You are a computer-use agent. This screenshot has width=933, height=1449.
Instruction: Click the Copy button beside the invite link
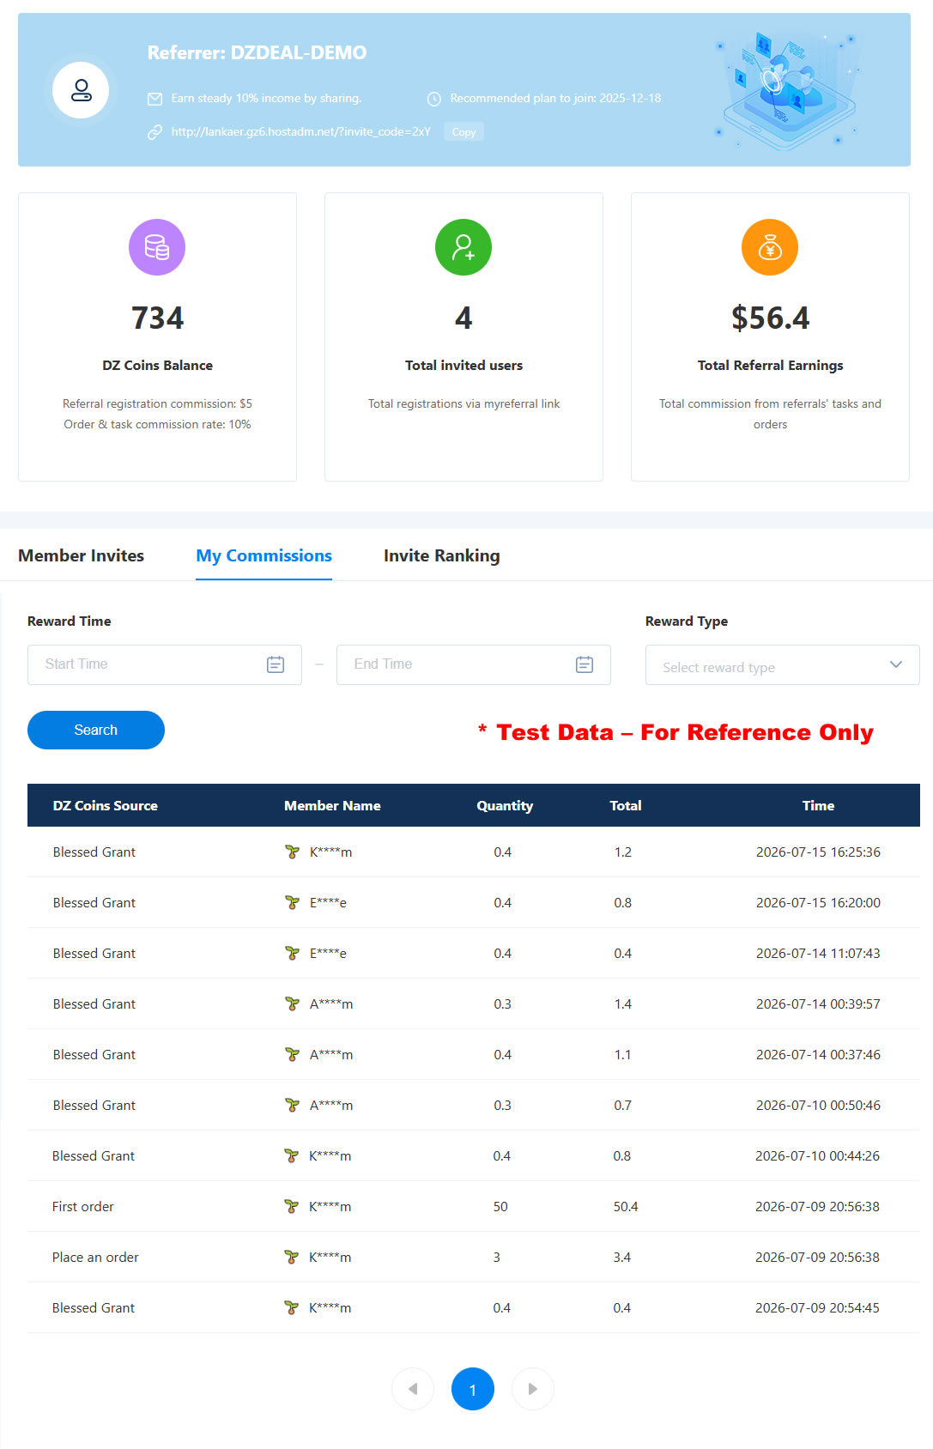463,132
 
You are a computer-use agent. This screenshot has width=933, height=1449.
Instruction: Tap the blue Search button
96,730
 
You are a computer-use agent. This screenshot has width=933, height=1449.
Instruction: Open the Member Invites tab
81,555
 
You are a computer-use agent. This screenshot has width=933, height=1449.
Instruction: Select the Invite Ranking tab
441,555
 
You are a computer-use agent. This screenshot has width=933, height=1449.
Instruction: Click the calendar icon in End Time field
585,664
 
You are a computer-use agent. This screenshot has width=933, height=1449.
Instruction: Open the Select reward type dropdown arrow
895,664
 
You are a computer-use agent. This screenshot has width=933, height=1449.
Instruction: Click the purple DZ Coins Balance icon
157,247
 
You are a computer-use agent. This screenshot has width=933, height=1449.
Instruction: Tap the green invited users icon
463,247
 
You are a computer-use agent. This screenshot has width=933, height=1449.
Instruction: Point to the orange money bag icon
770,247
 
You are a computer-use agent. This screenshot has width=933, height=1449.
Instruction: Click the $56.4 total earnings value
770,318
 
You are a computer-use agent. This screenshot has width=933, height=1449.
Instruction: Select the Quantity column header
505,805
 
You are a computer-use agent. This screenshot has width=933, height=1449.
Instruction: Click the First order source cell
82,1206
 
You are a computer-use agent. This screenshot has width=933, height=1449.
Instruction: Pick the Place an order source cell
95,1257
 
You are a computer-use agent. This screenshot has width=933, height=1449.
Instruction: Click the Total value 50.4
626,1206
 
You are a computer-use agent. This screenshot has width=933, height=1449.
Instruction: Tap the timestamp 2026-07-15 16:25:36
818,852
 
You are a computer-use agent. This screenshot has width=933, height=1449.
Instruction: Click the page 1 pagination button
472,1389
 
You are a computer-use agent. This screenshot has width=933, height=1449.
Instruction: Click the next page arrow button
532,1389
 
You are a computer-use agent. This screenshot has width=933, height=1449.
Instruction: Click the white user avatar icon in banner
81,90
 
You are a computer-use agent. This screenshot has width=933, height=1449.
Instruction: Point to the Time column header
818,805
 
